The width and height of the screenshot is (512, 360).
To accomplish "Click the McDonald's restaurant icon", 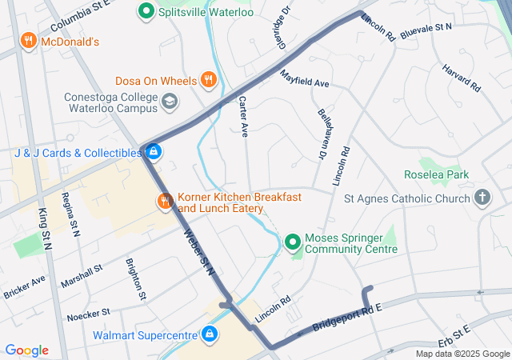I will click(x=29, y=41).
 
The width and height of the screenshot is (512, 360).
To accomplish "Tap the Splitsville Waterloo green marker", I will click(x=146, y=12).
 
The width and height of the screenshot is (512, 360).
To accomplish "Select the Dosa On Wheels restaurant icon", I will click(x=208, y=79).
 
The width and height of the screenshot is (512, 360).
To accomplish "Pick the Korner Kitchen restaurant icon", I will click(x=165, y=201).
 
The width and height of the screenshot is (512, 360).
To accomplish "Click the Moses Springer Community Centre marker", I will click(x=293, y=241).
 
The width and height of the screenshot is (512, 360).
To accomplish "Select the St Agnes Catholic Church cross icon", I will click(x=482, y=198).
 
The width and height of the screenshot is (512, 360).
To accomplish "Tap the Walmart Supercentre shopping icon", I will click(x=210, y=333).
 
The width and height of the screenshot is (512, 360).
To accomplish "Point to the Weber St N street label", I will click(x=200, y=254).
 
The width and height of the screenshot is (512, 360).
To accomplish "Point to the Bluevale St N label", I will click(x=426, y=28).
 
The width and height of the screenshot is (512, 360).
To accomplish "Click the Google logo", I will click(x=27, y=350).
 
